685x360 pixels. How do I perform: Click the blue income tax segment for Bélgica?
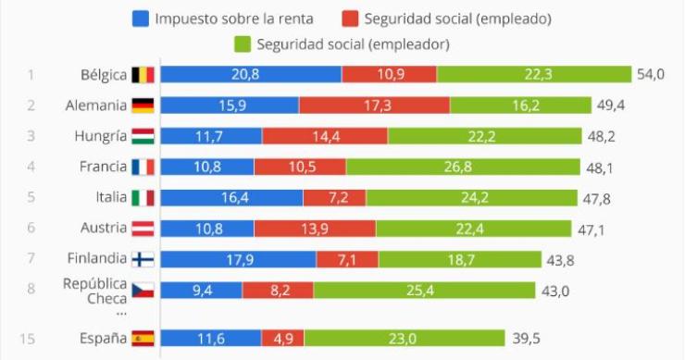[251, 75]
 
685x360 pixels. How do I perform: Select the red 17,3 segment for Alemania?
[374, 106]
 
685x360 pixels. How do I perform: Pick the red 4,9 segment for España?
[282, 339]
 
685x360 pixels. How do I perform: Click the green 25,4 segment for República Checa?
[424, 291]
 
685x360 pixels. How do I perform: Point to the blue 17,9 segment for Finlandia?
[239, 260]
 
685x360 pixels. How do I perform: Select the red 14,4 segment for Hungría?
[325, 137]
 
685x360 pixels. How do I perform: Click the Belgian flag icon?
[143, 75]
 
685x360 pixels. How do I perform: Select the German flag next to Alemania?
[143, 106]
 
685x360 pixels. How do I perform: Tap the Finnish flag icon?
[143, 260]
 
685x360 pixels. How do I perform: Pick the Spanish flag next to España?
[143, 339]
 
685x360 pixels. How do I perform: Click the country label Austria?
[104, 229]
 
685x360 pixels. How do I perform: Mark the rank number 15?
[28, 339]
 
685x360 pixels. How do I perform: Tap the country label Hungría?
[100, 136]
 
